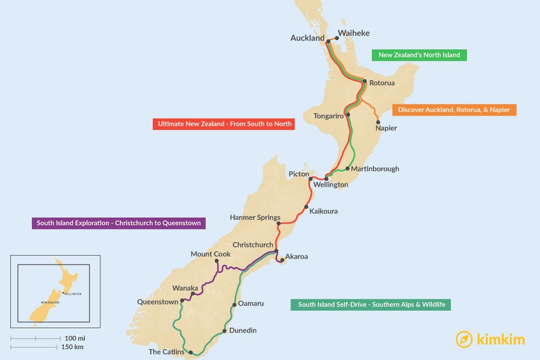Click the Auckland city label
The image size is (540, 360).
(307, 38)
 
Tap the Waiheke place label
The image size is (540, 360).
(354, 33)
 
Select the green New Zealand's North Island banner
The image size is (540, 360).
(419, 55)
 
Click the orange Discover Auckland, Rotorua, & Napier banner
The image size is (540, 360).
(454, 110)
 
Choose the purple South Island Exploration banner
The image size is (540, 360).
(119, 223)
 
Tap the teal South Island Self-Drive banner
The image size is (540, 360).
(371, 304)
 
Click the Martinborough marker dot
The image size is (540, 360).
(347, 169)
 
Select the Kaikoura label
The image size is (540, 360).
(323, 211)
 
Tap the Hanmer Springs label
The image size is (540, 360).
(255, 217)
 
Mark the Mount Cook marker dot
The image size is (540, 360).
(216, 261)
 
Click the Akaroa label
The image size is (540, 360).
(296, 257)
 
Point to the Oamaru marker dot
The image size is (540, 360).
(234, 305)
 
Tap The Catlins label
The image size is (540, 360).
(167, 352)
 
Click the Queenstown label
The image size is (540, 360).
(158, 302)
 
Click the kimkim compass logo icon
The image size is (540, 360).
(464, 339)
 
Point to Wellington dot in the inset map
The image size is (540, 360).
(63, 293)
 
